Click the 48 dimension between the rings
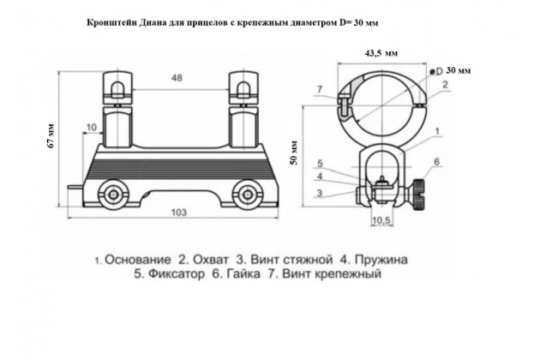pos(177,78)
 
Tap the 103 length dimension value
pos(179,213)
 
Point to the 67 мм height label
pos(51,135)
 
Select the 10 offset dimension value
pos(91,128)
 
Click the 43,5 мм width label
pos(381,53)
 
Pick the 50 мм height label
pos(294,153)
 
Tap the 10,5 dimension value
pos(381,220)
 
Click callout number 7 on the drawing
pos(319,89)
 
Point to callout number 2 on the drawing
pos(445,84)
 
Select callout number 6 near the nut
pos(436,161)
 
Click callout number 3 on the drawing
pos(319,193)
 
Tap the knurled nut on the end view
pos(419,195)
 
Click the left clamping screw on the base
pos(113,195)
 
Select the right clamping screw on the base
pos(247,195)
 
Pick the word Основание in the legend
pos(137,260)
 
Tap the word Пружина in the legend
pos(381,260)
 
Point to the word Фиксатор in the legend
pos(176,274)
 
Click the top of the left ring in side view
pos(117,73)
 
